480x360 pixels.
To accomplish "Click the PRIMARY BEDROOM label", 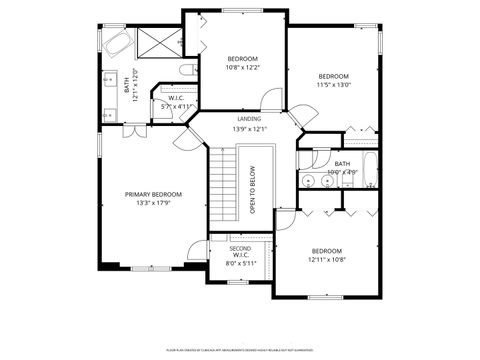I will pyautogui.click(x=153, y=194).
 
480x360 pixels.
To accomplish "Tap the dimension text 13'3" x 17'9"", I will pyautogui.click(x=153, y=204).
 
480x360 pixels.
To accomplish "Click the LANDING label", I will pyautogui.click(x=249, y=119).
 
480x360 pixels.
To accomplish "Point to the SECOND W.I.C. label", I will pyautogui.click(x=240, y=252).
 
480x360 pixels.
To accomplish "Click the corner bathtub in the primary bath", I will pyautogui.click(x=116, y=44).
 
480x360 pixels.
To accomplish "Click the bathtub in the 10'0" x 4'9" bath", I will pyautogui.click(x=370, y=170).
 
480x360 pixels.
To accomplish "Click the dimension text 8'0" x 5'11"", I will pyautogui.click(x=240, y=264).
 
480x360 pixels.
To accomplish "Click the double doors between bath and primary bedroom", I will pyautogui.click(x=130, y=132).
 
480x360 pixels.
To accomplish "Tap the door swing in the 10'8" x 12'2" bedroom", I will pyautogui.click(x=267, y=100).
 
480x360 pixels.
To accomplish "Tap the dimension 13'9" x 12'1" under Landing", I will pyautogui.click(x=249, y=129).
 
